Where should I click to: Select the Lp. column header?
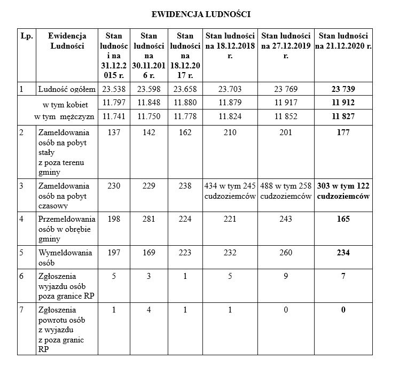pos(27,36)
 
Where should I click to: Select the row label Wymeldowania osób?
pos(65,257)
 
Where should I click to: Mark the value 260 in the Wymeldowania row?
pos(286,253)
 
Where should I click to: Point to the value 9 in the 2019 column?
pos(286,276)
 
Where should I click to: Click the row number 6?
pos(22,276)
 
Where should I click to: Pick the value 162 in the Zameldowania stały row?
pos(185,132)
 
